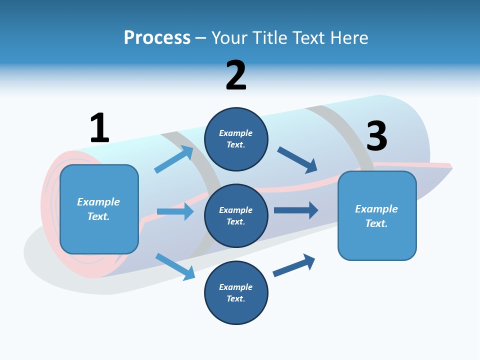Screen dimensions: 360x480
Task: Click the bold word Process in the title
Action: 157,38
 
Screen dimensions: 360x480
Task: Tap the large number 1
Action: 99,128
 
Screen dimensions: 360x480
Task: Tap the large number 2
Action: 236,75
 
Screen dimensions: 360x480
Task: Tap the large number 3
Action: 377,136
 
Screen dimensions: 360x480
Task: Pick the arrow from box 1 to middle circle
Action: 175,211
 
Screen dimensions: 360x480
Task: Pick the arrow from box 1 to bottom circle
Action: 175,266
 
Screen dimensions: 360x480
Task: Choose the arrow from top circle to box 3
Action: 297,160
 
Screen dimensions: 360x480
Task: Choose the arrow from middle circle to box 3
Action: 295,210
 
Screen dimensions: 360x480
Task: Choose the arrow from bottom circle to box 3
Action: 293,265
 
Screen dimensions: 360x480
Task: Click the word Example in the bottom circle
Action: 235,287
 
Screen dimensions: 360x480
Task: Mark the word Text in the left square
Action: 98,216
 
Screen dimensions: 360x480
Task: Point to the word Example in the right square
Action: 376,209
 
